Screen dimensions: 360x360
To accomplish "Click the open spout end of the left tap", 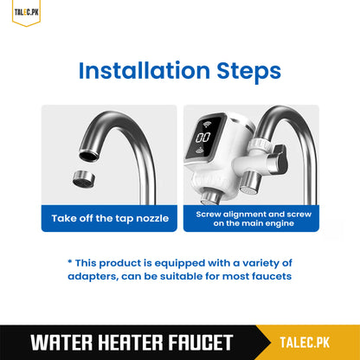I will [x=89, y=155].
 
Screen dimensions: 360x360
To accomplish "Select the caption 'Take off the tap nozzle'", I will [x=110, y=217].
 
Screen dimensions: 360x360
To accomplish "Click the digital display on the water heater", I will [x=204, y=137].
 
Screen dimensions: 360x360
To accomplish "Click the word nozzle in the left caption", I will [x=149, y=217].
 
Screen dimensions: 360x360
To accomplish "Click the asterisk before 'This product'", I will [x=70, y=262].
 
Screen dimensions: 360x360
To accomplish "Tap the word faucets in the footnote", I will [x=267, y=276].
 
